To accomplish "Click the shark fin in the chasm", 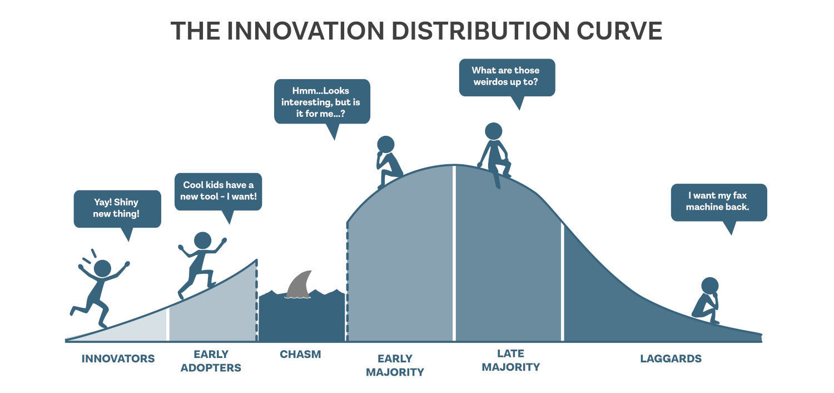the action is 299,285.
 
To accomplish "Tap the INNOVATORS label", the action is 118,358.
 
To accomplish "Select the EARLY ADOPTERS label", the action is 211,361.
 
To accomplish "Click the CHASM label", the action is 300,354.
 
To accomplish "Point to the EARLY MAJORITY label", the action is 395,365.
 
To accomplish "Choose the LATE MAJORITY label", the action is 511,360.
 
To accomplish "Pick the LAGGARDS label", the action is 671,358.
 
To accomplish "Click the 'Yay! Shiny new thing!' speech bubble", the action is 117,209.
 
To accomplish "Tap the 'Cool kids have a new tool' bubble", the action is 218,191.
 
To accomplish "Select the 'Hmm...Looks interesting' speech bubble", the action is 322,101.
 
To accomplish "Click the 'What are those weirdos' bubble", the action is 507,77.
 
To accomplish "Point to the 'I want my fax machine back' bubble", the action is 719,203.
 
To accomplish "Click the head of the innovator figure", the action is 102,268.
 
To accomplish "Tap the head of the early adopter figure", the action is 203,241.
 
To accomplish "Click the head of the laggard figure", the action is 710,286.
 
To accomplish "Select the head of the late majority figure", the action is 494,131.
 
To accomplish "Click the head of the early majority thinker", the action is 386,144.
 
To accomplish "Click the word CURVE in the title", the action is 619,31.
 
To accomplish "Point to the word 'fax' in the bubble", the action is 740,195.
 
